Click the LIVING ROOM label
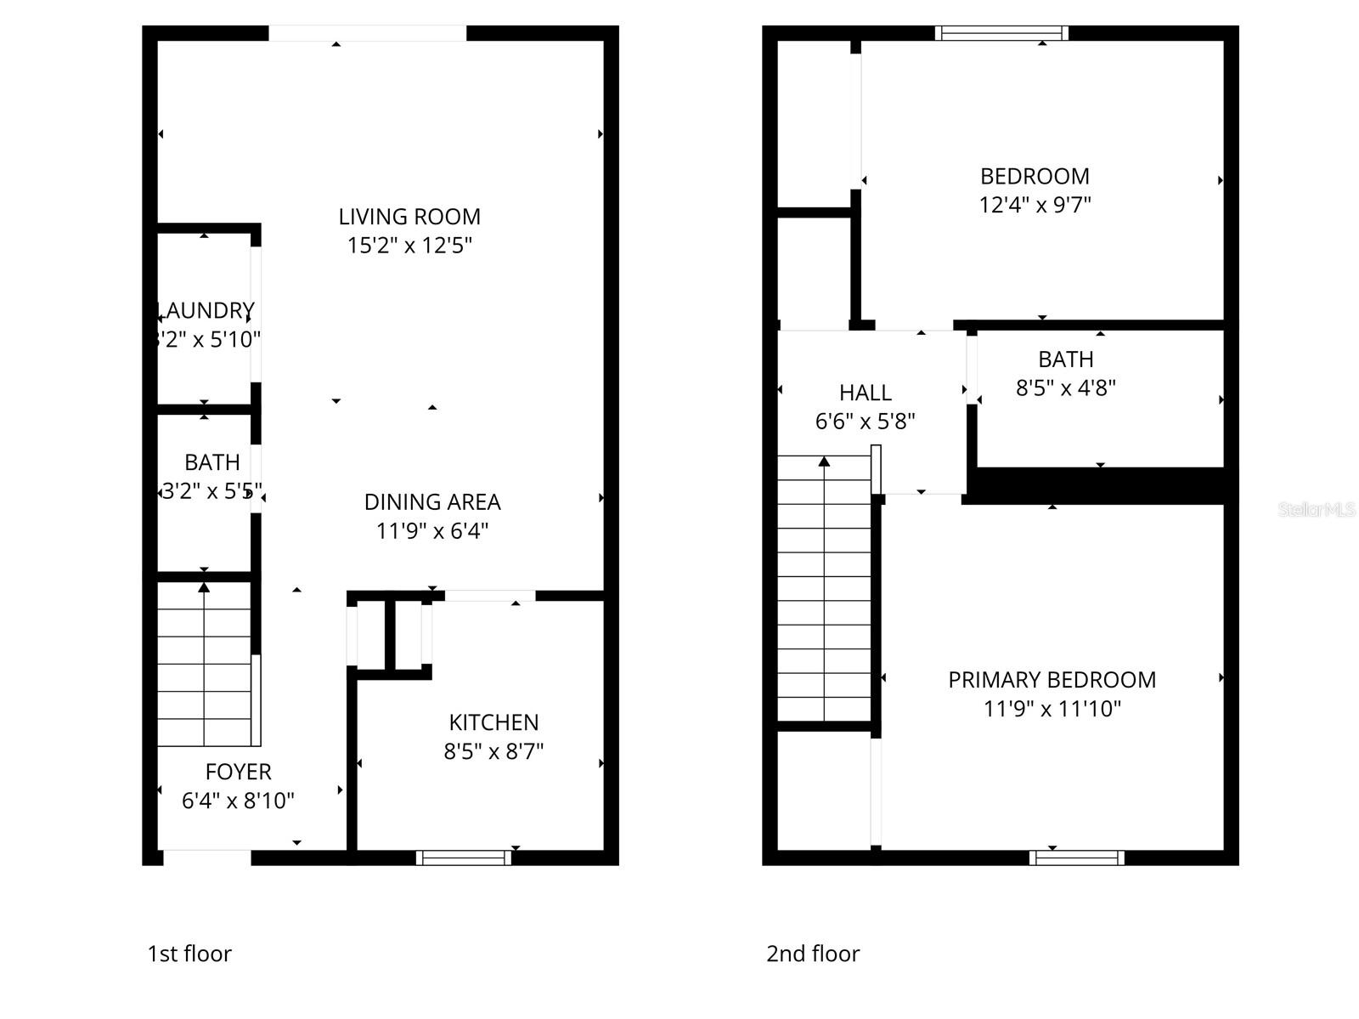click(409, 217)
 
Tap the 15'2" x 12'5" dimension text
click(409, 246)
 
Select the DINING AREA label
click(432, 502)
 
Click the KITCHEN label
click(493, 722)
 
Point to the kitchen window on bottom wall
click(464, 858)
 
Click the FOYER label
click(238, 772)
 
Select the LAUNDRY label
click(206, 310)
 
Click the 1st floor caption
click(189, 954)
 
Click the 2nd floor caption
click(813, 954)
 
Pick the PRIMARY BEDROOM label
click(1052, 680)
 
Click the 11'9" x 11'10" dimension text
click(1052, 709)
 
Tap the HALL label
click(865, 393)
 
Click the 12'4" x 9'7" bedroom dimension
click(1035, 205)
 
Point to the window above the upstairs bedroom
click(1001, 33)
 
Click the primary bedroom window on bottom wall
click(1076, 858)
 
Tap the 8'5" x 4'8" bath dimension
click(1065, 388)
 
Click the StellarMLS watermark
click(1317, 510)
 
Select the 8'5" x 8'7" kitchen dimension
click(493, 751)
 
